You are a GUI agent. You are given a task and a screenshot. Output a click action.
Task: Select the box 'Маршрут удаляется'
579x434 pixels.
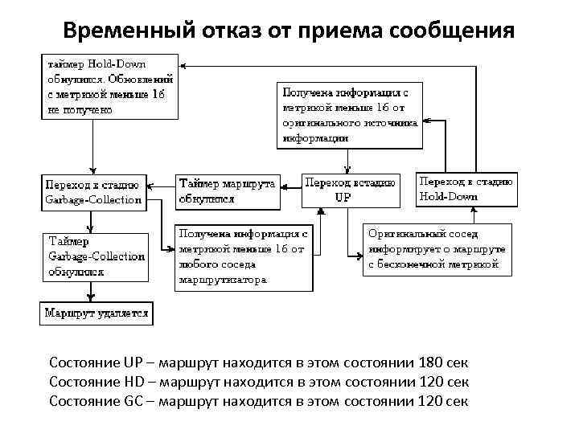(x=96, y=313)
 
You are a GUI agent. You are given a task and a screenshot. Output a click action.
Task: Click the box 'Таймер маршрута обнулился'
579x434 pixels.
(x=226, y=190)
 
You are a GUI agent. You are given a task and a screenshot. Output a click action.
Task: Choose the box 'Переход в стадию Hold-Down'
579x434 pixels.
(x=466, y=190)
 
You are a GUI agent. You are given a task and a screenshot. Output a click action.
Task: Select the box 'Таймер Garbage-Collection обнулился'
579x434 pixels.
(x=96, y=256)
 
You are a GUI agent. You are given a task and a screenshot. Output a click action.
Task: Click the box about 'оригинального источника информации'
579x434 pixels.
(x=350, y=114)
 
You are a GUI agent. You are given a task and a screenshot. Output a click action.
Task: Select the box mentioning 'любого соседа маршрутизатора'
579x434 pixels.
(x=242, y=256)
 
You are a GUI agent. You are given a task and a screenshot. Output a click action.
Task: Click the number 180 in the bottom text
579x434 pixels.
(x=427, y=362)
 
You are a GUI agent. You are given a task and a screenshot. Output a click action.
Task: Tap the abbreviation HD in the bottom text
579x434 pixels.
(x=135, y=382)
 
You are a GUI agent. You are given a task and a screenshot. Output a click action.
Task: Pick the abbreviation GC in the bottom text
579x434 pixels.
(x=135, y=401)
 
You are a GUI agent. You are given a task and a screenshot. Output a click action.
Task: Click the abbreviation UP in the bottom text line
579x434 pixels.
(x=134, y=362)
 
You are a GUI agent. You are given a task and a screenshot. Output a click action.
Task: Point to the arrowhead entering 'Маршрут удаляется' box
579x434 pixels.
(x=95, y=298)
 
